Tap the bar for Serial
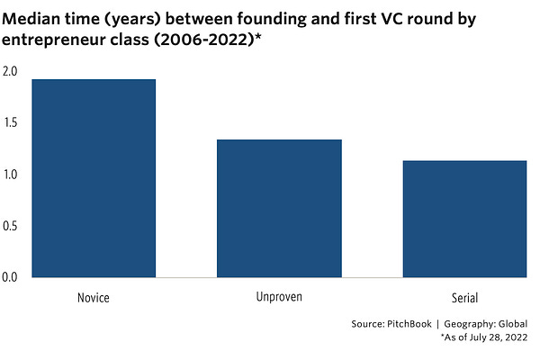tap(445, 219)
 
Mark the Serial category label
tap(445, 296)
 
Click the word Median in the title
tap(36, 15)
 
